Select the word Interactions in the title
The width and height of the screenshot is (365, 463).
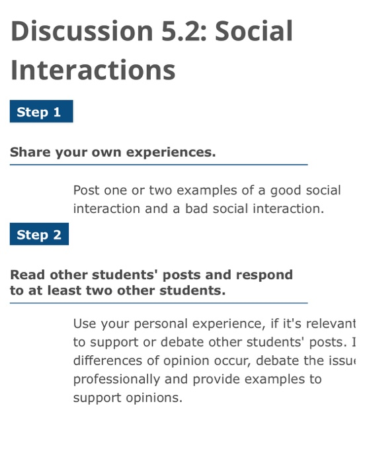pyautogui.click(x=93, y=69)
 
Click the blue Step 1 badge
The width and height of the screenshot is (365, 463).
pyautogui.click(x=40, y=112)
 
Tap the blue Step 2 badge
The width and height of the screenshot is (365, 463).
pyautogui.click(x=39, y=235)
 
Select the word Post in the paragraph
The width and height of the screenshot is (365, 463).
pyautogui.click(x=86, y=190)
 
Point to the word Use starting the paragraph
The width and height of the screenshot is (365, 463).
pyautogui.click(x=85, y=323)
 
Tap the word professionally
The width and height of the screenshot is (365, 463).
pyautogui.click(x=116, y=380)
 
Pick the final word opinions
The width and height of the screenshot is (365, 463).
pyautogui.click(x=157, y=398)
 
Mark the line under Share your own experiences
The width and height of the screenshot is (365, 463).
pyautogui.click(x=159, y=164)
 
